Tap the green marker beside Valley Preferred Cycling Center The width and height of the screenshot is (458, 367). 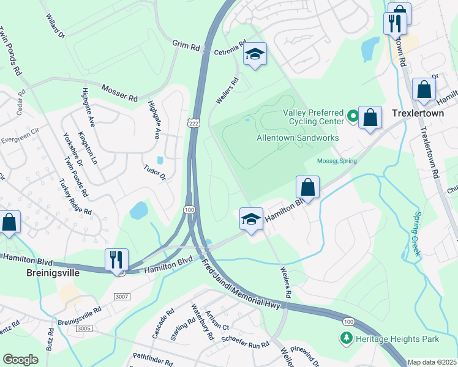[353, 115]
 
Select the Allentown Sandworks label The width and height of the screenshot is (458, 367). [298, 138]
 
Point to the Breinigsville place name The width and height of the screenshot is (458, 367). [53, 273]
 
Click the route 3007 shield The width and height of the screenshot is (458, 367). [122, 297]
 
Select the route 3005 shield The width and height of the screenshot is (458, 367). [84, 328]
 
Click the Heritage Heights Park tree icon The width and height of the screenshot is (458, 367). [346, 338]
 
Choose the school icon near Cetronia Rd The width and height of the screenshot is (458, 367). [255, 55]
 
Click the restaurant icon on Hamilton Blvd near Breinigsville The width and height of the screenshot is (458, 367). [116, 259]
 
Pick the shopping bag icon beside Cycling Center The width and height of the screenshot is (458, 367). [370, 117]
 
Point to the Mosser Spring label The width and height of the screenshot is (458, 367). [336, 161]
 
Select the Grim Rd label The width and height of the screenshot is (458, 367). [186, 45]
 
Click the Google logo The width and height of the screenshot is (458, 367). [20, 360]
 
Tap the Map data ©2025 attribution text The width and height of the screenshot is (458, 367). [432, 362]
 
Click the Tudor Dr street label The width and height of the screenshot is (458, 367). [155, 173]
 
